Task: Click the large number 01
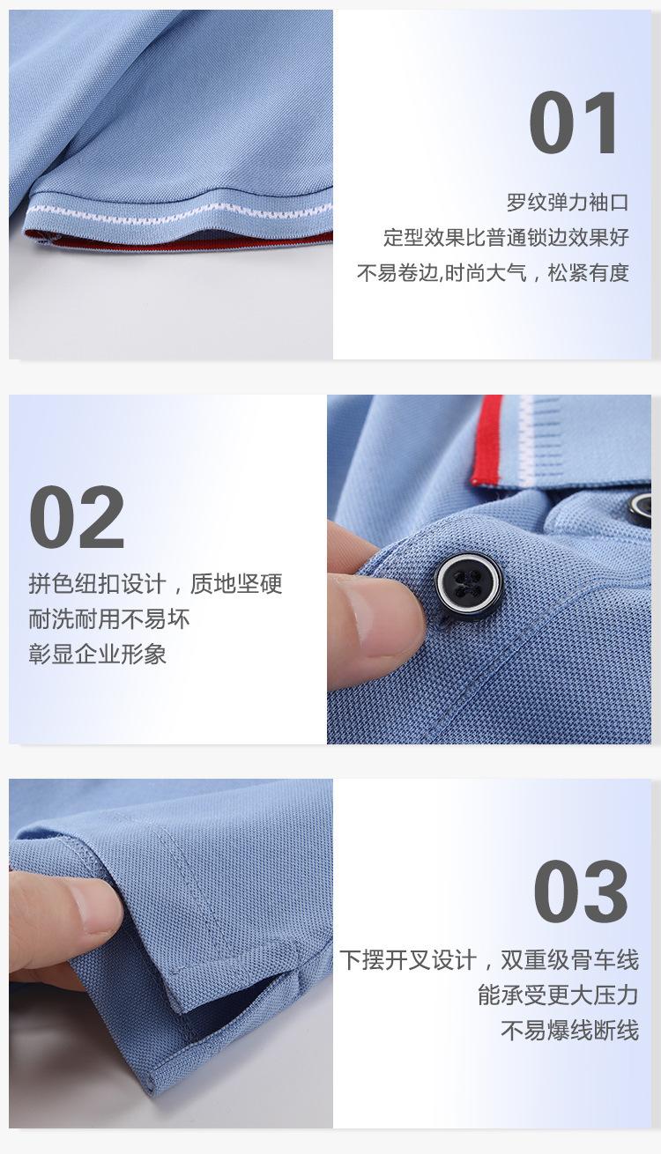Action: point(573,122)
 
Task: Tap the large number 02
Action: point(77,517)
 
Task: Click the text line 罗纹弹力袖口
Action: point(568,202)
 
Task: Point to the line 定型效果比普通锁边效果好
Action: point(506,237)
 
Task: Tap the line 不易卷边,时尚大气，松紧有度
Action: point(493,272)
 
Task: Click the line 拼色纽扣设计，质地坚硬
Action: point(156,584)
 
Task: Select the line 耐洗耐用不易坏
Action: point(109,618)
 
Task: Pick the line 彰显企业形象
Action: point(98,654)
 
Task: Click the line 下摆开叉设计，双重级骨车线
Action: point(489,960)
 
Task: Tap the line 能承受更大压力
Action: point(559,995)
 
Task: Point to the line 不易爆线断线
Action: point(569,1030)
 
